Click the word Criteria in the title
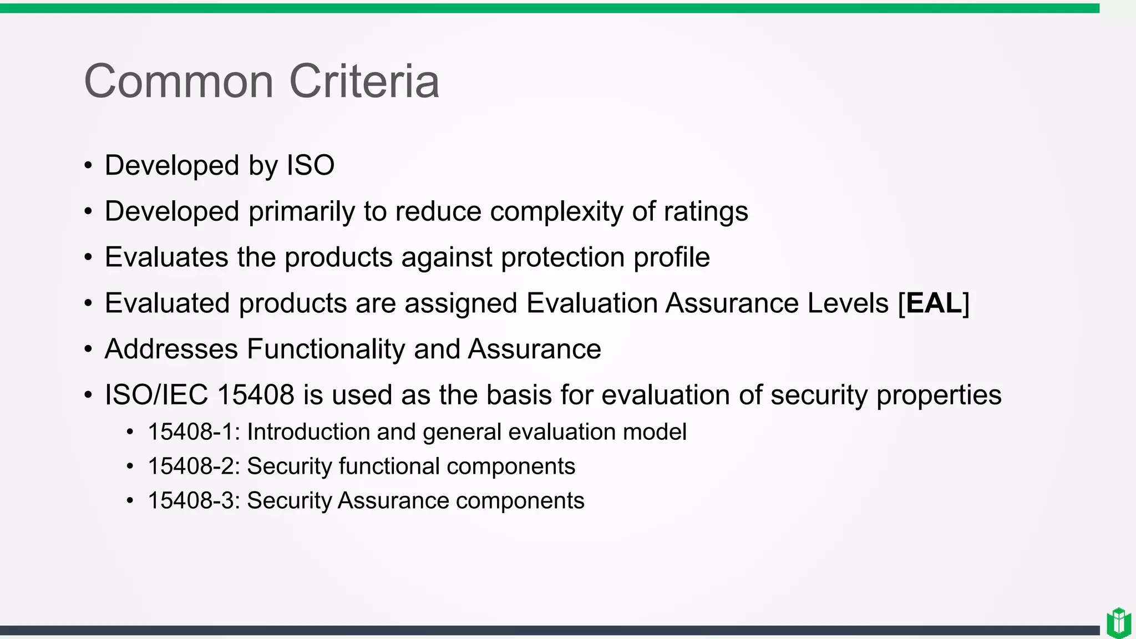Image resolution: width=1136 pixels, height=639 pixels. pyautogui.click(x=364, y=82)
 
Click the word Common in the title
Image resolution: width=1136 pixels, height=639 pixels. pyautogui.click(x=179, y=82)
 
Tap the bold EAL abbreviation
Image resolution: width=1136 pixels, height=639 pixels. pyautogui.click(x=934, y=303)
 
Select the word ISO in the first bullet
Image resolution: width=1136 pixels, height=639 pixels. pyautogui.click(x=310, y=165)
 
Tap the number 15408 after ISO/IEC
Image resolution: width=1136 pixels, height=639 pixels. pyautogui.click(x=256, y=395)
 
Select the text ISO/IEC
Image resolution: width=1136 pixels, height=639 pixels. pyautogui.click(x=156, y=395)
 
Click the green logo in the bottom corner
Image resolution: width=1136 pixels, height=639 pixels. pyautogui.click(x=1118, y=622)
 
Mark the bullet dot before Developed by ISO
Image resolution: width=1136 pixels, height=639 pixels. pyautogui.click(x=88, y=166)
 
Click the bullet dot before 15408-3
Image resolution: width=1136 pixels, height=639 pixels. pyautogui.click(x=130, y=501)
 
